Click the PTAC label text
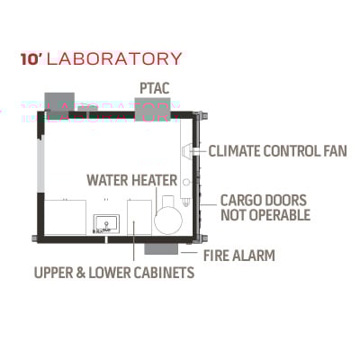point(155,88)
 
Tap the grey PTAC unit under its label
point(152,110)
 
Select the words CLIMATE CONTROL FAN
point(278,151)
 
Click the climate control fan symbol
point(186,150)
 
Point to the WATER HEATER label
point(132,180)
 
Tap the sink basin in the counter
point(106,224)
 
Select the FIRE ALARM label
point(239,256)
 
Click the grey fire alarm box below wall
point(161,249)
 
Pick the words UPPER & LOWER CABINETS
point(114,273)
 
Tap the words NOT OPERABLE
point(265,215)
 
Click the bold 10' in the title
point(31,59)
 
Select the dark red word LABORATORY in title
point(114,58)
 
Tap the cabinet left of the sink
point(65,217)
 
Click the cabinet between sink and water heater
point(139,218)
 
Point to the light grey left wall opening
point(40,165)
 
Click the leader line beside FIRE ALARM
point(189,252)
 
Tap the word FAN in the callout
point(336,151)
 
